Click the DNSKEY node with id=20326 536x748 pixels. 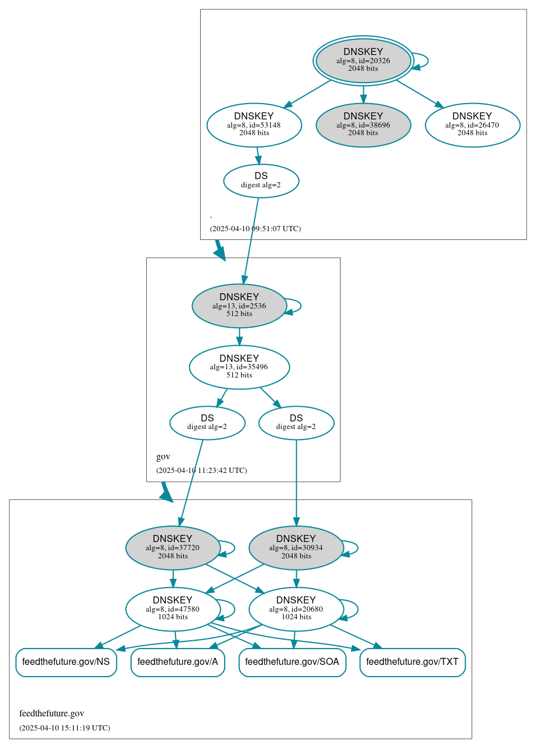coord(363,60)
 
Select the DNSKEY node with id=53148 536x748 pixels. coord(254,125)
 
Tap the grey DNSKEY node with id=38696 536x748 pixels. coord(363,125)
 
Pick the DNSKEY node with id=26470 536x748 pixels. coord(472,125)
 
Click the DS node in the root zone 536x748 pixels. coord(261,180)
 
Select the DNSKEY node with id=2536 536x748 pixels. coord(239,306)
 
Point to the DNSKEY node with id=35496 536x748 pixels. coord(239,367)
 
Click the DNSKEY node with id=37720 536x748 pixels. coord(173,548)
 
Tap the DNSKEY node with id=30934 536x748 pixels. coord(296,548)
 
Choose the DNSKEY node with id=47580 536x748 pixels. coord(173,609)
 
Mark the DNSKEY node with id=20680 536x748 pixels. coord(296,609)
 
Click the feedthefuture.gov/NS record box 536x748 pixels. coord(66,662)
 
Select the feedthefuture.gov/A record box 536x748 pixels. coord(178,662)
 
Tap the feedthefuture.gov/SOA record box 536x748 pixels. coord(292,662)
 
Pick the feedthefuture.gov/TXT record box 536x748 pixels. coord(413,662)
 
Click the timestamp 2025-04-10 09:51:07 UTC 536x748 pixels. coord(255,229)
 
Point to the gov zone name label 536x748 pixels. coord(163,457)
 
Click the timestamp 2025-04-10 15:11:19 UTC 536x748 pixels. coord(64,728)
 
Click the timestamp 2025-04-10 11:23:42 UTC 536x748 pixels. coord(201,471)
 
